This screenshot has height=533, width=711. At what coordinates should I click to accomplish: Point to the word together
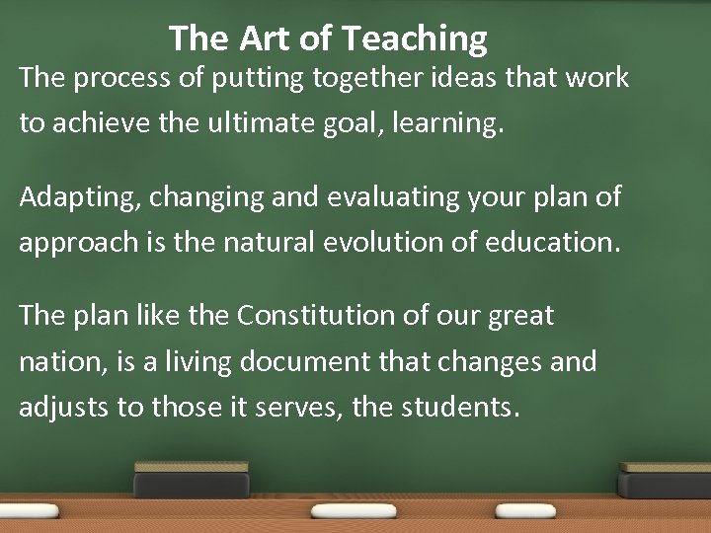tap(366, 78)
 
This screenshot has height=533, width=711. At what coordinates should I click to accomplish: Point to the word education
tap(552, 243)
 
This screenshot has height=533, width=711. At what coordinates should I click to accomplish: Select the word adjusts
tap(62, 408)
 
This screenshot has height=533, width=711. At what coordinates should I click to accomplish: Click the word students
tap(458, 407)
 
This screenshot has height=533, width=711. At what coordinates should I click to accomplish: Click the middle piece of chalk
tap(354, 510)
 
